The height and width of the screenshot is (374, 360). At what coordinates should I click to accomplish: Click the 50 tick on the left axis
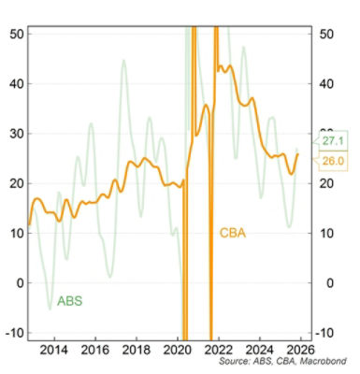click(19, 33)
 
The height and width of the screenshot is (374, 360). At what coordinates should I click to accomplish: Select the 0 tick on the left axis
click(22, 282)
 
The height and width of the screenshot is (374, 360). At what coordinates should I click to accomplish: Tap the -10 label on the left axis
click(17, 332)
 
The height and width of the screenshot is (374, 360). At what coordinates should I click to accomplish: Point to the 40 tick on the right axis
click(328, 83)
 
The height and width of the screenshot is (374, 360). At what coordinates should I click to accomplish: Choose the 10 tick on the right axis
click(328, 233)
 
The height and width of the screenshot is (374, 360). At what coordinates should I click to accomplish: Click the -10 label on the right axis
click(330, 332)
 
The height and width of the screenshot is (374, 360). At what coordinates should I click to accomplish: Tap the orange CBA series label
click(233, 232)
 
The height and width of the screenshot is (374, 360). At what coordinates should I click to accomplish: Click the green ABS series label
click(70, 301)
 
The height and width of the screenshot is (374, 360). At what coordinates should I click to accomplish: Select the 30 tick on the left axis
click(19, 133)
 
